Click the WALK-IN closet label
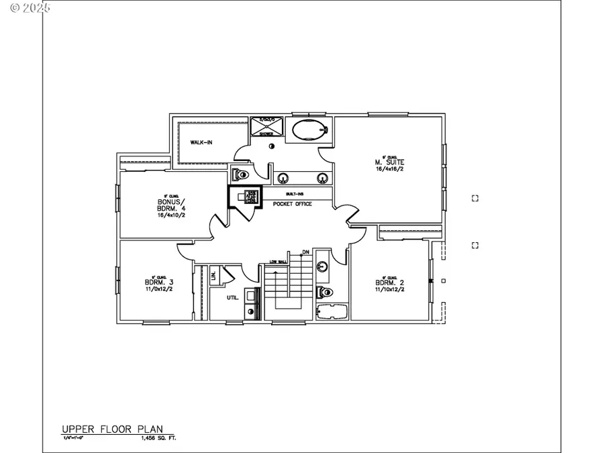coord(201,142)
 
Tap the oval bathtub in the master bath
coord(308,130)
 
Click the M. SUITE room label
coord(389,162)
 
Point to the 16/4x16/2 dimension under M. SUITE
coord(389,169)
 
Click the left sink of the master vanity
coord(284,178)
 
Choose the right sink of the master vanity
coord(322,178)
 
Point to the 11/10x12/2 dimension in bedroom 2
coord(389,290)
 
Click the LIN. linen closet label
coord(214,275)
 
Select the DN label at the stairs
coord(305,252)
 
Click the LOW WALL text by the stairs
coord(279,261)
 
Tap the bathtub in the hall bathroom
coord(331,312)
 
